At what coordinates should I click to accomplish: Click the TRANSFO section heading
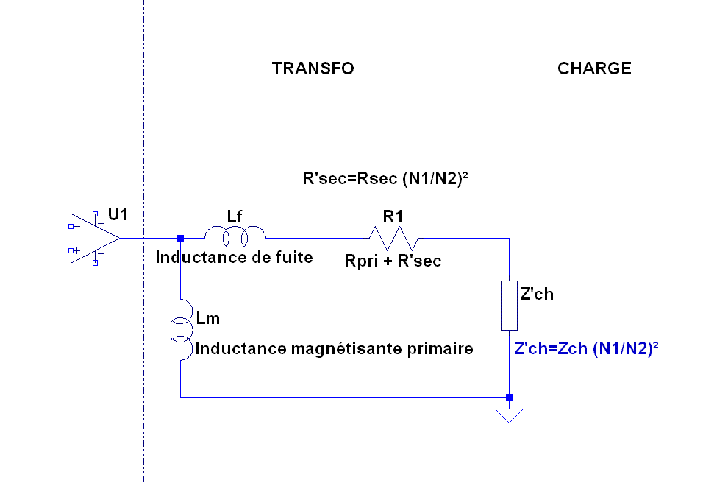tap(313, 68)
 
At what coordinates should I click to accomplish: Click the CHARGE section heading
tap(594, 68)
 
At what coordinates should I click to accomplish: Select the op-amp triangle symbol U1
tap(92, 238)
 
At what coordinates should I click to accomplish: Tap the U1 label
tap(118, 214)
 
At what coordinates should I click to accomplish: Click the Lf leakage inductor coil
tap(235, 236)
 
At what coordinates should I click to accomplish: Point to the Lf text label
tap(235, 216)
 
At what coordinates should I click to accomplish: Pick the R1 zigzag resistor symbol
tap(393, 238)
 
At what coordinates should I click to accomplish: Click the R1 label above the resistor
tap(393, 216)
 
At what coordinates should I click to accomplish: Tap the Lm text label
tap(208, 319)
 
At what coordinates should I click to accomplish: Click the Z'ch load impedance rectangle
tap(509, 305)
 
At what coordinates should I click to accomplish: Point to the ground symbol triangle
tap(509, 415)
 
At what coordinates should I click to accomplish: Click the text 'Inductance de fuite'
tap(234, 257)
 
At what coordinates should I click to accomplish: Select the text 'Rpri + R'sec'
tap(393, 260)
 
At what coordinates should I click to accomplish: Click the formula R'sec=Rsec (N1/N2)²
tap(386, 178)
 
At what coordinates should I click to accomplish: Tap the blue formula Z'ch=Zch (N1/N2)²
tap(585, 349)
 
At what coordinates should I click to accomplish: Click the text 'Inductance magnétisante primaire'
tap(334, 348)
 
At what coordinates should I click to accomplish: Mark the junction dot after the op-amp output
tap(181, 238)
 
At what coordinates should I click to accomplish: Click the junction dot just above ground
tap(509, 397)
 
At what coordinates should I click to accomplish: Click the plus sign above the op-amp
tap(101, 222)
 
